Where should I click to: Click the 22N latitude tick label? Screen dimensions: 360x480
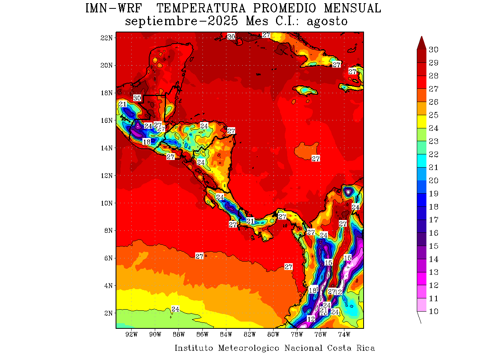tap(107, 38)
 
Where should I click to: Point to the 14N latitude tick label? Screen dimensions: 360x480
tap(107, 148)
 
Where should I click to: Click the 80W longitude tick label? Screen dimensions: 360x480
tap(273, 334)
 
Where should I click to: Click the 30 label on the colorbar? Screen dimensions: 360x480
tap(433, 50)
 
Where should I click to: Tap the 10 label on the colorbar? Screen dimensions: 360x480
tap(433, 312)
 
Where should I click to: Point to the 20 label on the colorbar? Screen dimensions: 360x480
tap(433, 180)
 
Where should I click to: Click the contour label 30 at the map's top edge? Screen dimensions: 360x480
tap(231, 37)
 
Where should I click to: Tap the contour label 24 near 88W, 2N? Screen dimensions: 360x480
tap(175, 309)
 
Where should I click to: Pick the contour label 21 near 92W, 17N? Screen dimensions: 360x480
tap(123, 104)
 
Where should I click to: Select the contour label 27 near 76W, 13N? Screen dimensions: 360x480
tap(316, 159)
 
